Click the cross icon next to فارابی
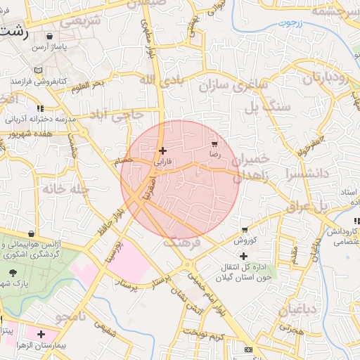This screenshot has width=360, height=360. pos(162,150)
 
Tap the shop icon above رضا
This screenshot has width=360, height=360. pos(214,143)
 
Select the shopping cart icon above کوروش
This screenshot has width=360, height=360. pos(244,230)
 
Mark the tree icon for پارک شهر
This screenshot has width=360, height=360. pos(12,273)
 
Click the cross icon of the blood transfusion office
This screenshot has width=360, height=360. pos(244,257)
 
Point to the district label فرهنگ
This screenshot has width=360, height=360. pos(182,241)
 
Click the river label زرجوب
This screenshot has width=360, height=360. pos(288,24)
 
